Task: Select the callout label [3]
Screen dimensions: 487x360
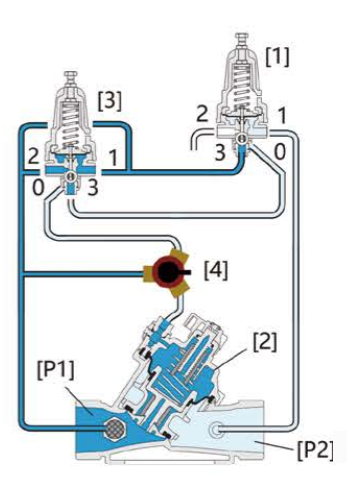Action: click(110, 101)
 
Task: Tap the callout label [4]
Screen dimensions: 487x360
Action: click(215, 269)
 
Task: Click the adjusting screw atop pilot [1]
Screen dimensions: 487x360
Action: click(240, 39)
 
